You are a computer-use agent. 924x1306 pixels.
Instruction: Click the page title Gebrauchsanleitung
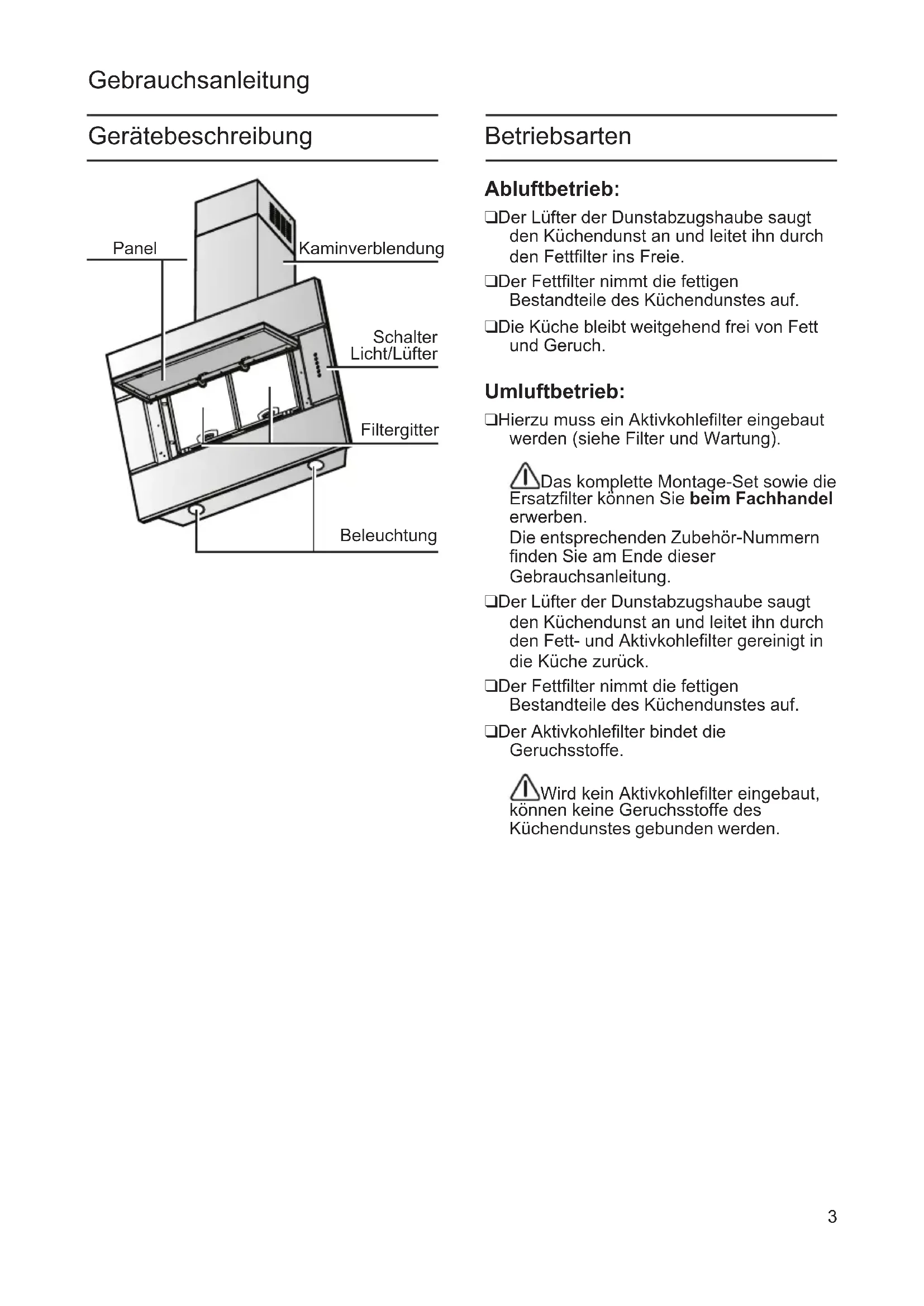(x=198, y=80)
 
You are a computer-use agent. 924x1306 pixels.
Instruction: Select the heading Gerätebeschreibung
(x=201, y=136)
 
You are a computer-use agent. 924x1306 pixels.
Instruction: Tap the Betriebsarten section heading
(x=558, y=136)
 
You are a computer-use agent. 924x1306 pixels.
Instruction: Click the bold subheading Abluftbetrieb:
(x=551, y=189)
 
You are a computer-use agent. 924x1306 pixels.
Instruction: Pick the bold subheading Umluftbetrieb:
(x=554, y=391)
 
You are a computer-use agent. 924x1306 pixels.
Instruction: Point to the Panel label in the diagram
(x=135, y=248)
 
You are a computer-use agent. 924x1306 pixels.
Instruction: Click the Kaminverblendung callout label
(x=371, y=248)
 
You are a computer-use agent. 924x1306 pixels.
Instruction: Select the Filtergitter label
(x=399, y=430)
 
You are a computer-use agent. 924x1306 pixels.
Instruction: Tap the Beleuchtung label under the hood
(x=388, y=535)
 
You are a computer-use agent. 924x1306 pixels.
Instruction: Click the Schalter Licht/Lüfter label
(x=394, y=345)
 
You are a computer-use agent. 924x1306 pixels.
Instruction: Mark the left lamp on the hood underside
(x=197, y=508)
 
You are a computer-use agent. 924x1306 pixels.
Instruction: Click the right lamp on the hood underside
(x=315, y=466)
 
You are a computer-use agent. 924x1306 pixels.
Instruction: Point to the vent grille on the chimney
(x=280, y=221)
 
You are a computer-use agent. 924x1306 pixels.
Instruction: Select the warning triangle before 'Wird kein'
(x=524, y=788)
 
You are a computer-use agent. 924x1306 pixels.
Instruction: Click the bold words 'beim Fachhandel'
(x=761, y=499)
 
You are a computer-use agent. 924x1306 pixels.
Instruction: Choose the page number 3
(x=832, y=1217)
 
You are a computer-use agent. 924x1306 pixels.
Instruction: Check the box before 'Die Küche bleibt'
(x=490, y=327)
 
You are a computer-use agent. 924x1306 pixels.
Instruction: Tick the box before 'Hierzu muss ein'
(x=490, y=420)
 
